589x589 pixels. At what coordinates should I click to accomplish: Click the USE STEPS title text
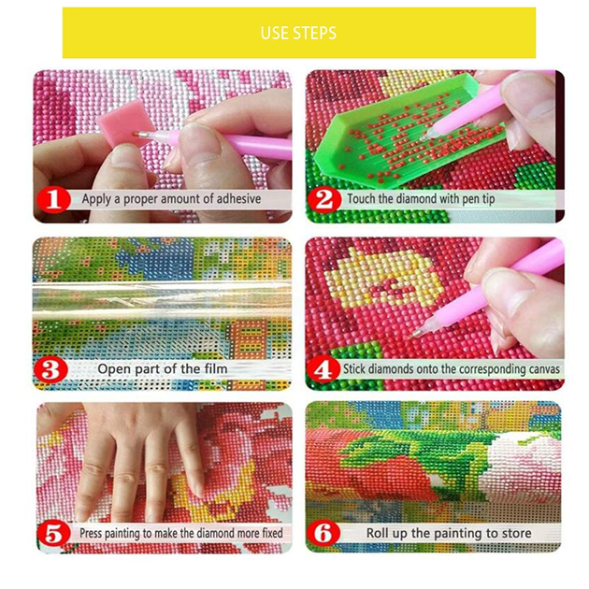coord(298,33)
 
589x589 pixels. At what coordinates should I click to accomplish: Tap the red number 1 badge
coord(53,199)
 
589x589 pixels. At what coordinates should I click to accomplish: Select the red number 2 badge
coord(324,199)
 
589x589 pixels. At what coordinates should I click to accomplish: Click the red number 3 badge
coord(50,369)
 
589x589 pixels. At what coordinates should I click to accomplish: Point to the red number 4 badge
coord(323,369)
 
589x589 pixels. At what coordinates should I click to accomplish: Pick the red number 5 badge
coord(53,534)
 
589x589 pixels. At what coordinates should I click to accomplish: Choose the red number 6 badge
coord(323,534)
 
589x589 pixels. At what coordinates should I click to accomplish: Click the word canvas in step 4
coord(543,369)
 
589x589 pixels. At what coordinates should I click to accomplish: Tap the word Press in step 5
coord(91,533)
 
